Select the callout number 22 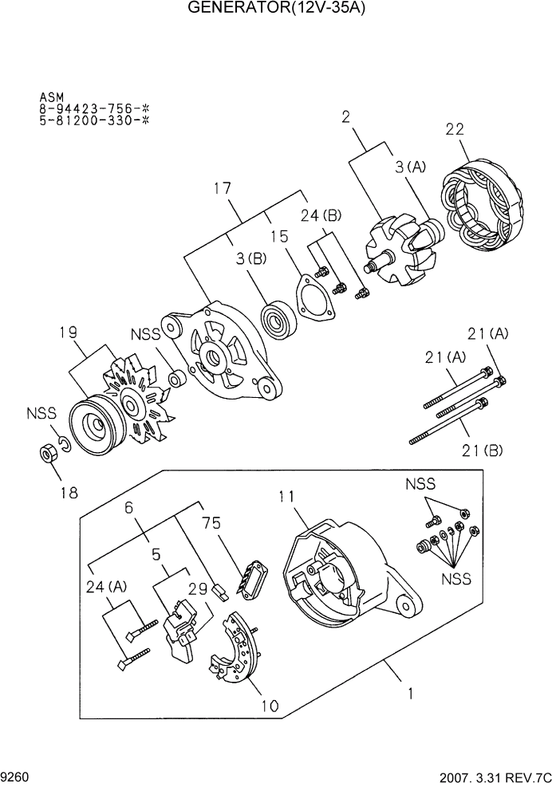[455, 129]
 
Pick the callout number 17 [223, 189]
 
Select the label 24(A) [106, 588]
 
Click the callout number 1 [409, 694]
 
